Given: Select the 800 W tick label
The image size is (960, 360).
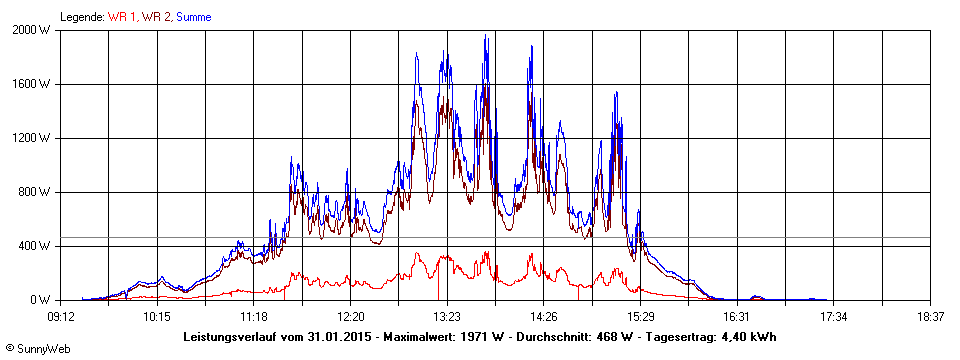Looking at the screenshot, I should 37,192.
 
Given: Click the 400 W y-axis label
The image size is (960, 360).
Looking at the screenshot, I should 37,246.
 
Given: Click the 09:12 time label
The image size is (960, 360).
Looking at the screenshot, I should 61,316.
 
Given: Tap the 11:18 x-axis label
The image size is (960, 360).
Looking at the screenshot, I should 254,316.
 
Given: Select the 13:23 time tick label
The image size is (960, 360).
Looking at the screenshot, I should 447,316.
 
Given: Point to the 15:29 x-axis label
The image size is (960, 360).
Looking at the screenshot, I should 640,316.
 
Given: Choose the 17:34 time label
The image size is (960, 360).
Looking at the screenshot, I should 833,316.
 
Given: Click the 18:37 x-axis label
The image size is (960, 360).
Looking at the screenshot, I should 930,316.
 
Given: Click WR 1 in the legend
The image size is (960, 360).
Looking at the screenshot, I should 123,17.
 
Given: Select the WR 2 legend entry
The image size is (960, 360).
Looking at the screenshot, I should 156,17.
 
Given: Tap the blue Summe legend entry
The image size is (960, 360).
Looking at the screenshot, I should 193,17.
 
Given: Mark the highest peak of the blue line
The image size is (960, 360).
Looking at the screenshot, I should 486,36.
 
